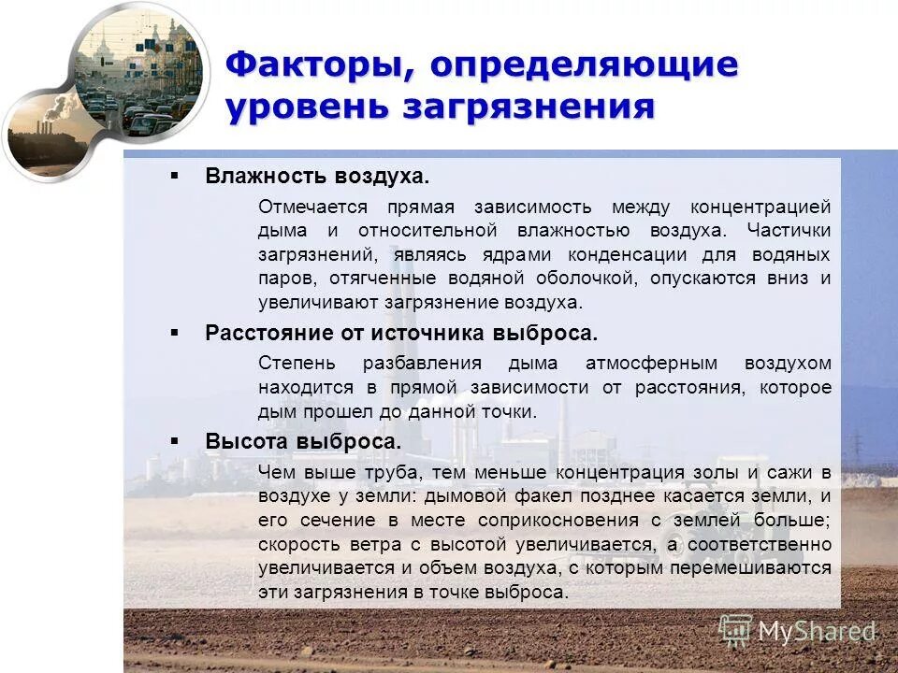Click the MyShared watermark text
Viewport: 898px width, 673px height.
pos(816,632)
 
